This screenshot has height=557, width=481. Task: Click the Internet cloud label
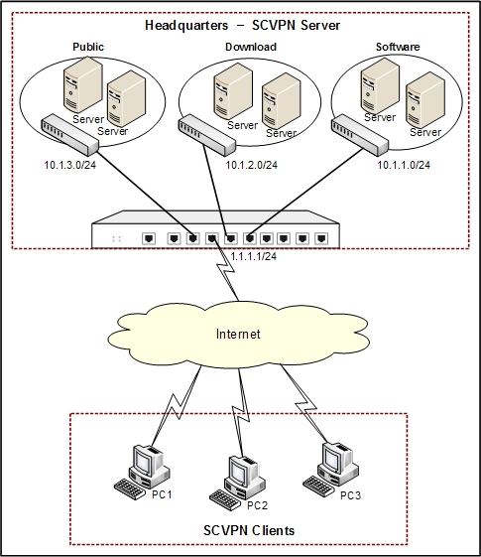238,334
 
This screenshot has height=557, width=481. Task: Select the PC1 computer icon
142,472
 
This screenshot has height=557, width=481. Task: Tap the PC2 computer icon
237,483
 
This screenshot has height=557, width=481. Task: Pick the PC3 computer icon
330,469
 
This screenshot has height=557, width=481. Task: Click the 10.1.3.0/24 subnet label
69,165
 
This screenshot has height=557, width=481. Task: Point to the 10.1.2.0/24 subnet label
252,165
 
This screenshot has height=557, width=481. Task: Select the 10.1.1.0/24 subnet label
404,165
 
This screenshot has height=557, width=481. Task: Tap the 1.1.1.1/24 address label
253,256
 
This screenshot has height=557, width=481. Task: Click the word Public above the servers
88,47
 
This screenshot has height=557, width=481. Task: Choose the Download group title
251,47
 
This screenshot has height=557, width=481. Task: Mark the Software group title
398,47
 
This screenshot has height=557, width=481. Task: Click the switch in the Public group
69,134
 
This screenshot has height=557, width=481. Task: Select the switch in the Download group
207,135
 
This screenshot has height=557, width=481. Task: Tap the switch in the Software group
360,135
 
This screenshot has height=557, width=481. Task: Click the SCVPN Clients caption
249,530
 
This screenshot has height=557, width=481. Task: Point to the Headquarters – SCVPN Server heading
243,25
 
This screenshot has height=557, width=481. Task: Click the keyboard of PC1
130,489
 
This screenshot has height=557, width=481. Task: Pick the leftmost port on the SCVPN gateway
149,238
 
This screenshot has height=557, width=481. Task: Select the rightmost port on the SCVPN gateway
321,238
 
